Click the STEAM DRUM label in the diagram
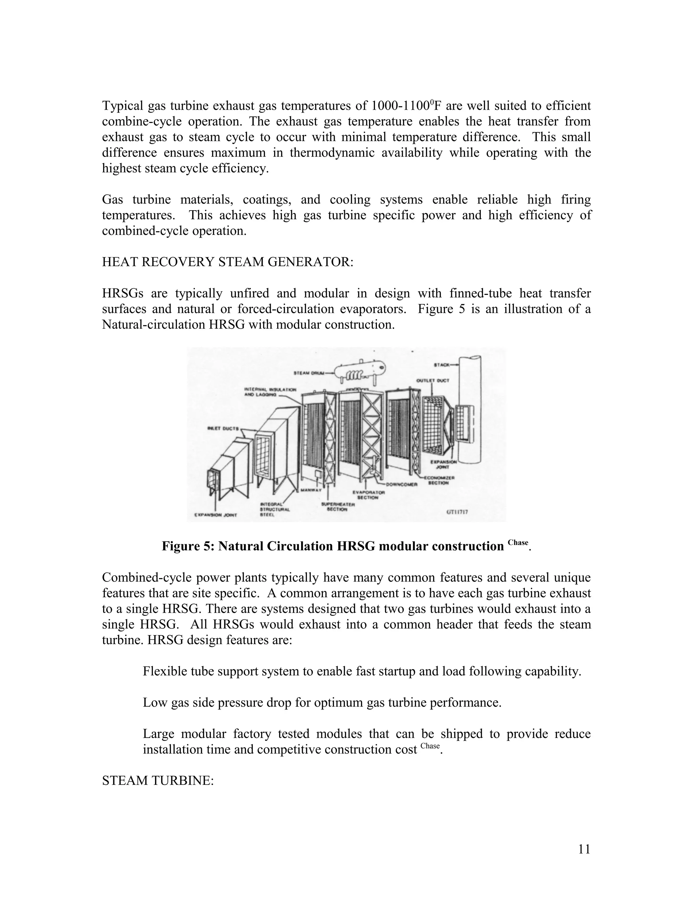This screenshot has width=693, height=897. pyautogui.click(x=309, y=373)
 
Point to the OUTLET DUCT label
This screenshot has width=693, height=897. pyautogui.click(x=433, y=380)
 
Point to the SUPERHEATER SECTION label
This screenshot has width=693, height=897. pyautogui.click(x=338, y=507)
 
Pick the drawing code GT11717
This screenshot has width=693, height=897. pyautogui.click(x=456, y=512)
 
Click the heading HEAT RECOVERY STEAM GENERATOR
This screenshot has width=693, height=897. pyautogui.click(x=227, y=262)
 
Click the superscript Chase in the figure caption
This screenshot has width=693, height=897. pyautogui.click(x=518, y=543)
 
